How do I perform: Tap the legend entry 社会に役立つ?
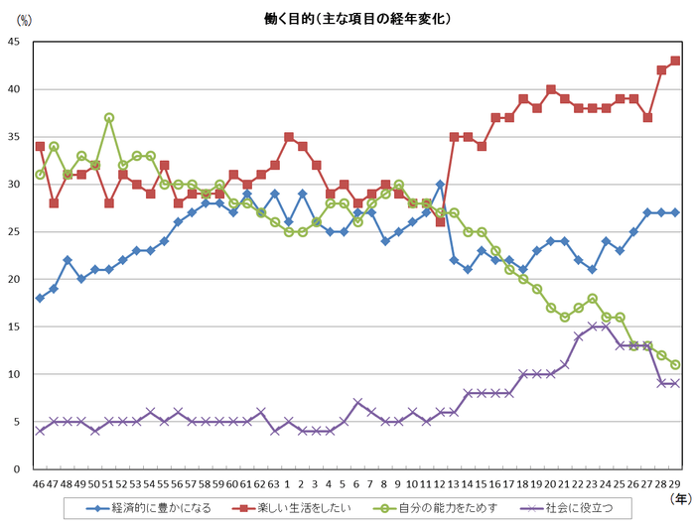(x=578, y=508)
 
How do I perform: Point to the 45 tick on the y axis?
(x=14, y=42)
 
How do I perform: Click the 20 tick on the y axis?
(x=14, y=279)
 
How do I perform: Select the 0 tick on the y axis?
(x=17, y=468)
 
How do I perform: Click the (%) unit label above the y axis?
(x=24, y=20)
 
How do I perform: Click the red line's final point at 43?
(x=675, y=61)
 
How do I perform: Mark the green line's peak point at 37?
(x=109, y=117)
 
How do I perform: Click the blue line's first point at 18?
(x=40, y=298)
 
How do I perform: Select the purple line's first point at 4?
(x=40, y=431)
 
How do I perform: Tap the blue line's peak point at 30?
(x=439, y=184)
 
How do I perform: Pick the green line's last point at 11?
(x=675, y=364)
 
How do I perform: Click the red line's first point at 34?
(x=40, y=146)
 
